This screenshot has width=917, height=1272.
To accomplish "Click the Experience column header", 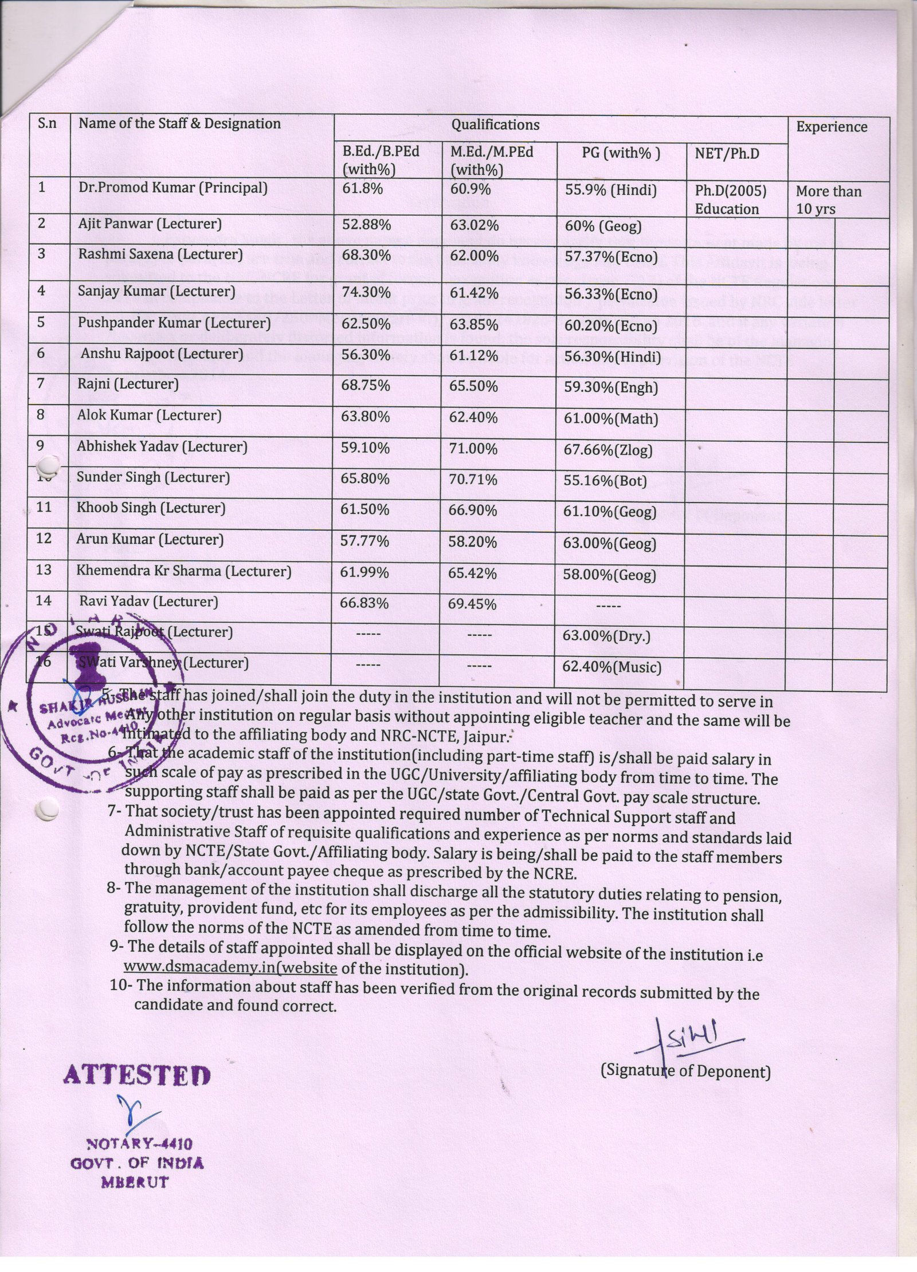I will pyautogui.click(x=831, y=127).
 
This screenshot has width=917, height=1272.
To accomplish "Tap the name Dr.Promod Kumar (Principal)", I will pyautogui.click(x=173, y=188).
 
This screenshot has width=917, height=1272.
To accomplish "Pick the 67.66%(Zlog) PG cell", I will pyautogui.click(x=609, y=450).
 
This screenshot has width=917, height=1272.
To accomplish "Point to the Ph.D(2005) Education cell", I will pyautogui.click(x=730, y=199).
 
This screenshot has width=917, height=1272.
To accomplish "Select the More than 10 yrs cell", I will pyautogui.click(x=828, y=199).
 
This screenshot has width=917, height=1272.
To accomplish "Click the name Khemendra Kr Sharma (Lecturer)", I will pyautogui.click(x=184, y=571).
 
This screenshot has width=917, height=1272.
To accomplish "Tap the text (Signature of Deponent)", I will pyautogui.click(x=685, y=1071).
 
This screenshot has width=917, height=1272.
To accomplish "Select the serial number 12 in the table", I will pyautogui.click(x=44, y=539).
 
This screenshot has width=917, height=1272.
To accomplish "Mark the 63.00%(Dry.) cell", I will pyautogui.click(x=608, y=636).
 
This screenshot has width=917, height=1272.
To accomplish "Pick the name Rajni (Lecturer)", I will pyautogui.click(x=128, y=384).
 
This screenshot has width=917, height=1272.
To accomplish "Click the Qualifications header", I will pyautogui.click(x=495, y=124).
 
